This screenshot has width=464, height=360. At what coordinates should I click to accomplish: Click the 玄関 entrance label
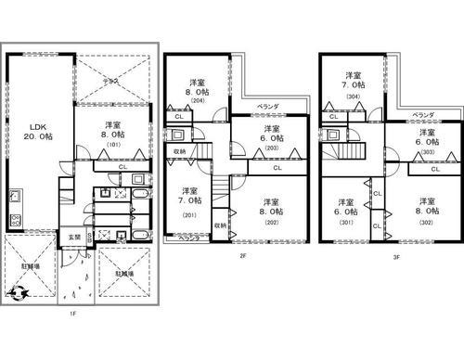[72, 238]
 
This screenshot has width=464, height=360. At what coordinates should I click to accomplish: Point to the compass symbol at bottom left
[18, 293]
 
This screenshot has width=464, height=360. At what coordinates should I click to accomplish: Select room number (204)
[197, 104]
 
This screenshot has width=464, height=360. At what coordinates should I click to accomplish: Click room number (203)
[271, 148]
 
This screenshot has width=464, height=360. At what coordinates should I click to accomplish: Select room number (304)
[353, 96]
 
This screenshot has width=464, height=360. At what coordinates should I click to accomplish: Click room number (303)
[428, 152]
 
